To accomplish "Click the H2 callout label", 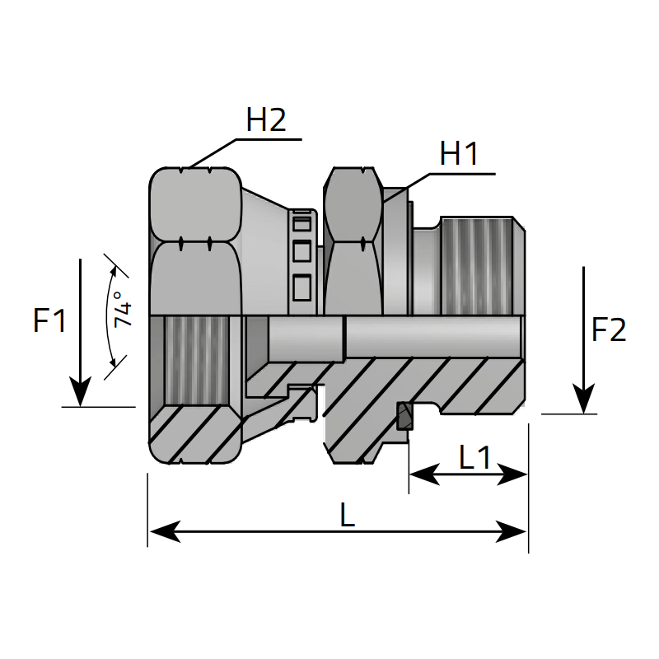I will click(266, 121).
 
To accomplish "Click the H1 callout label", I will click(459, 154).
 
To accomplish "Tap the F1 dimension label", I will click(49, 320).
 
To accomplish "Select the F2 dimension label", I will click(609, 330).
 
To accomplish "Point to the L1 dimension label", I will click(474, 457).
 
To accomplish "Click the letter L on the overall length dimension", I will click(347, 516).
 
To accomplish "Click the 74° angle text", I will click(123, 310).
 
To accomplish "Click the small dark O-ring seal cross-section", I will click(404, 417).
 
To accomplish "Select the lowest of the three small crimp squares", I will click(301, 286).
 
